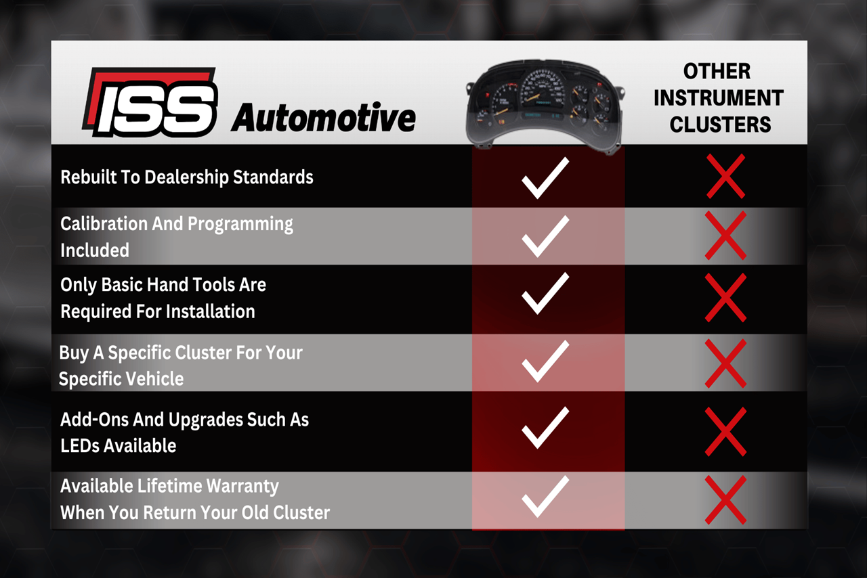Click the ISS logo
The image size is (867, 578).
pos(150,102)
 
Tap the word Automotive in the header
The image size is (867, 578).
pos(324,117)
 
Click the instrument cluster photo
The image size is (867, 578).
pos(545,105)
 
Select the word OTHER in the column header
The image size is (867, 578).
pos(717,71)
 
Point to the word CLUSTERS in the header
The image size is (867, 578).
pos(720,125)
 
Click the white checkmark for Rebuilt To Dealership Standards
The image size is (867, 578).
pos(545,178)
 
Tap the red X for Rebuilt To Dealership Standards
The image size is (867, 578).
pos(725,176)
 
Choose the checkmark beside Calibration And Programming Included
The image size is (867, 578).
pos(545,236)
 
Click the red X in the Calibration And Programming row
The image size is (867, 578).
pos(725,236)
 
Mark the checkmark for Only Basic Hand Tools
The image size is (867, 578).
pos(545,293)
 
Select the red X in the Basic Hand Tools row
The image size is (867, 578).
pos(725,298)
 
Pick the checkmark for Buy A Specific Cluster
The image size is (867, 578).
pos(545,361)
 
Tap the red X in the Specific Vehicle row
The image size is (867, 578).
pos(725,363)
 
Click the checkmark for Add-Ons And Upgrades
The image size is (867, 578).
pos(545,428)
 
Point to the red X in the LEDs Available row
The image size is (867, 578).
pos(725,431)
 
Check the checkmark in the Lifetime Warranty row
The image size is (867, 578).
pos(545,496)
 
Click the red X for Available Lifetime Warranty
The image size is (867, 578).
pos(725,500)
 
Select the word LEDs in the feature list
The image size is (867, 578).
pos(80,446)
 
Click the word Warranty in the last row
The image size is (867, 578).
pos(242,487)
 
